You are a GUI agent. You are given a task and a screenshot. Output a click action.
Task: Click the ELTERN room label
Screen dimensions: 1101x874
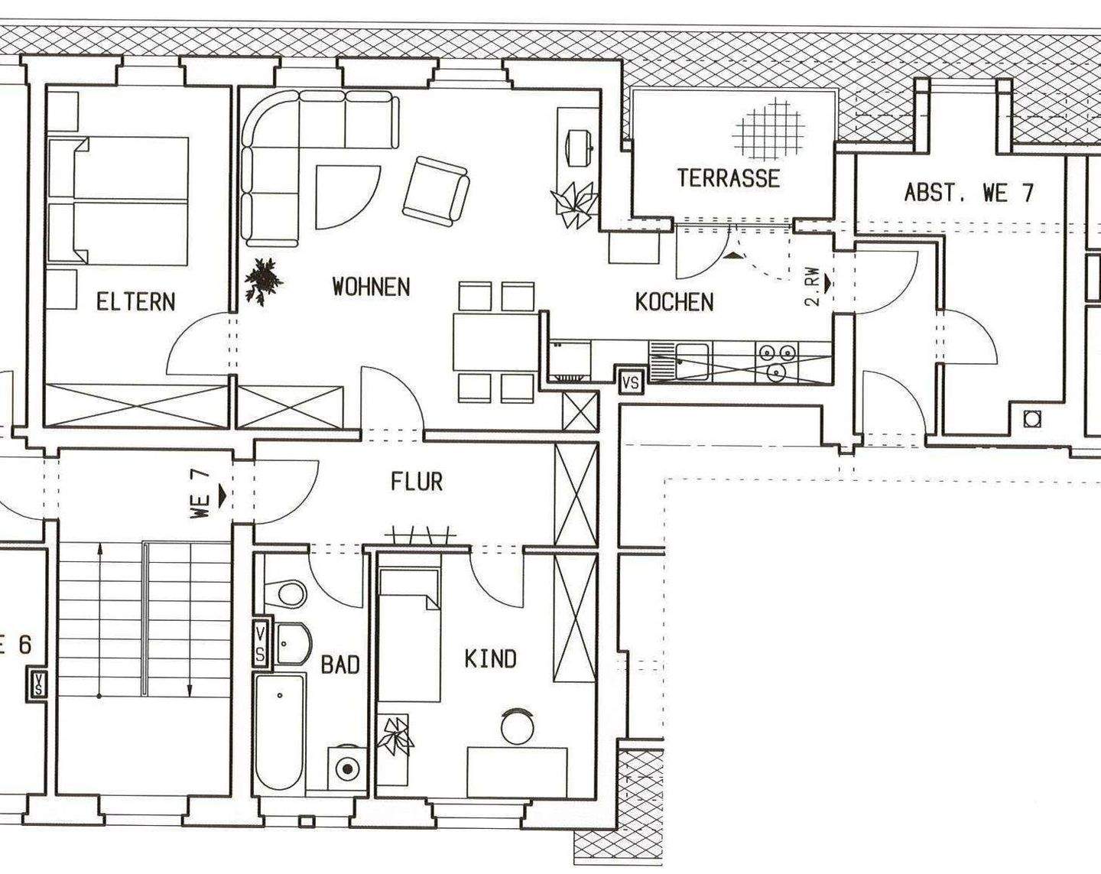tap(135, 302)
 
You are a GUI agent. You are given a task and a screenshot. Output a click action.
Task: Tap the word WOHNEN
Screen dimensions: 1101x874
tap(372, 287)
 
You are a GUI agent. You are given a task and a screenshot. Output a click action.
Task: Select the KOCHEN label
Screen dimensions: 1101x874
tap(674, 302)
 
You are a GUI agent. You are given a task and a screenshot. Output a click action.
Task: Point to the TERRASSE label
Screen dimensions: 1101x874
tap(729, 178)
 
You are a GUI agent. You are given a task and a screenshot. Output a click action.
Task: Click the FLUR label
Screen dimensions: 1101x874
tap(417, 482)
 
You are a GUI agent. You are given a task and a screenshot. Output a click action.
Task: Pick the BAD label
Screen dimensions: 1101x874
tap(340, 665)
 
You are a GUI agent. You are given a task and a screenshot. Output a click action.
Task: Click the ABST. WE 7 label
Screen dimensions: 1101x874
tap(969, 193)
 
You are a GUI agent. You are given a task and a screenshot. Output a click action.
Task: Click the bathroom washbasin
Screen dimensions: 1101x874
tap(294, 644)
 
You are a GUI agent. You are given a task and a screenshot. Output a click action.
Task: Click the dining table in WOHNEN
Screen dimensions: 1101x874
tap(495, 343)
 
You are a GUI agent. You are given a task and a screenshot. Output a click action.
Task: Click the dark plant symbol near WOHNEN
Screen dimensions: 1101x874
tap(264, 281)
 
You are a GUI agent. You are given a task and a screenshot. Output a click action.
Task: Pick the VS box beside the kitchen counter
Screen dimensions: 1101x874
tap(632, 382)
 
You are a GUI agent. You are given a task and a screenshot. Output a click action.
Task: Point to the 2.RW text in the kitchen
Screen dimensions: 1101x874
tap(813, 287)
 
